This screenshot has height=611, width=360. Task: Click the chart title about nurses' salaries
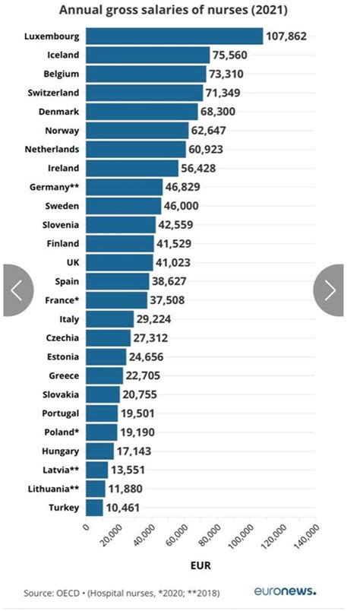[x=178, y=10]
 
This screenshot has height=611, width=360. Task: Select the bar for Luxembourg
[x=174, y=36]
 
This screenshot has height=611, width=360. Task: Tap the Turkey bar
[x=94, y=507]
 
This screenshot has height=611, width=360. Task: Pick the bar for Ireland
[x=132, y=168]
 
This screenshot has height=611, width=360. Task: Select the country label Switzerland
[x=52, y=93]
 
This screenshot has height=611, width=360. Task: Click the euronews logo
[x=284, y=591]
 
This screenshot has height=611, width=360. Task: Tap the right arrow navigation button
[x=330, y=290]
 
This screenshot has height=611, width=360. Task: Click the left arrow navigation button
[x=17, y=290]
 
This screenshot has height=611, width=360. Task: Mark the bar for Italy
[x=109, y=318]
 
